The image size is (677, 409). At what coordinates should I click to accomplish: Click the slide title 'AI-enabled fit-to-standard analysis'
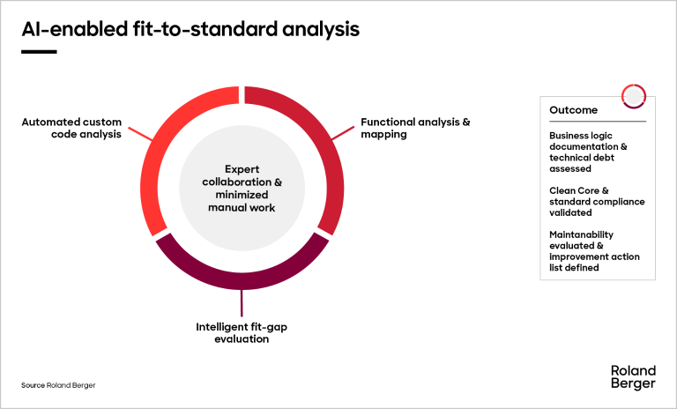pyautogui.click(x=190, y=29)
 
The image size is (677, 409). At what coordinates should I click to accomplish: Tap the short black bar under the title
pyautogui.click(x=39, y=52)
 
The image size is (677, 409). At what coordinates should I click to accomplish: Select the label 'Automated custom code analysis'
pyautogui.click(x=71, y=128)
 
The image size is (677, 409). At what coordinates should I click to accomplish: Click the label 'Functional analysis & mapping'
pyautogui.click(x=415, y=128)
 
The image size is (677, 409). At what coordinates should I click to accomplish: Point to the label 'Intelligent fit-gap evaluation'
pyautogui.click(x=242, y=332)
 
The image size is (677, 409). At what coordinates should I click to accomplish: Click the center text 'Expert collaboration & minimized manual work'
pyautogui.click(x=242, y=189)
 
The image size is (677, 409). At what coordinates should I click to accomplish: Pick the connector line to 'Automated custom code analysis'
pyautogui.click(x=140, y=134)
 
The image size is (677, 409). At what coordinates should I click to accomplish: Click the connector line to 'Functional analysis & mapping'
pyautogui.click(x=343, y=133)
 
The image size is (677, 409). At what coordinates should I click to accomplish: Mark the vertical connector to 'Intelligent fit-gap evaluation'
pyautogui.click(x=242, y=303)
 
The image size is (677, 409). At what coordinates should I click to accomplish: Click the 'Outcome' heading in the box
pyautogui.click(x=573, y=110)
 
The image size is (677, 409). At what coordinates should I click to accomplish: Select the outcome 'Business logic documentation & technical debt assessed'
pyautogui.click(x=588, y=152)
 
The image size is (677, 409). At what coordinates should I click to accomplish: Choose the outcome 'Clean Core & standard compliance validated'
pyautogui.click(x=597, y=202)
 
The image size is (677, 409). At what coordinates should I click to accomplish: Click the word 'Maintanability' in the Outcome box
pyautogui.click(x=581, y=234)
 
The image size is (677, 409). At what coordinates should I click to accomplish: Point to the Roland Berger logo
pyautogui.click(x=633, y=377)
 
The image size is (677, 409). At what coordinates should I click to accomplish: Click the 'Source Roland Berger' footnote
pyautogui.click(x=58, y=385)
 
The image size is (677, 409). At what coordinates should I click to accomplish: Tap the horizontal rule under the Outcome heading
pyautogui.click(x=598, y=122)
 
